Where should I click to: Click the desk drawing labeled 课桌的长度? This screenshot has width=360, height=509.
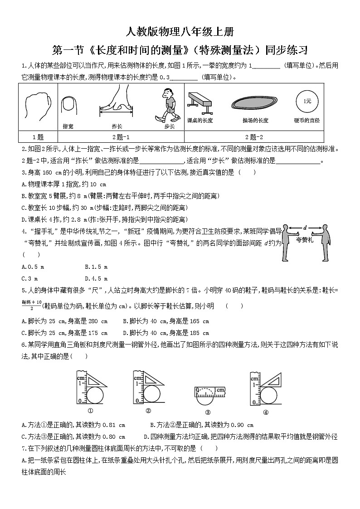[x=199, y=102]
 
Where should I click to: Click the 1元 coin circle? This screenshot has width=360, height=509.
[x=307, y=101]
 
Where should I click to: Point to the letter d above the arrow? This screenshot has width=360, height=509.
[x=305, y=228]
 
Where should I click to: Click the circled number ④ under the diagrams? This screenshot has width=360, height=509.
[x=266, y=412]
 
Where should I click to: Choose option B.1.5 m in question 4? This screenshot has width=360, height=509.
[x=96, y=267]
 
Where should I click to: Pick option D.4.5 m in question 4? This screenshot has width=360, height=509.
[x=96, y=278]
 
